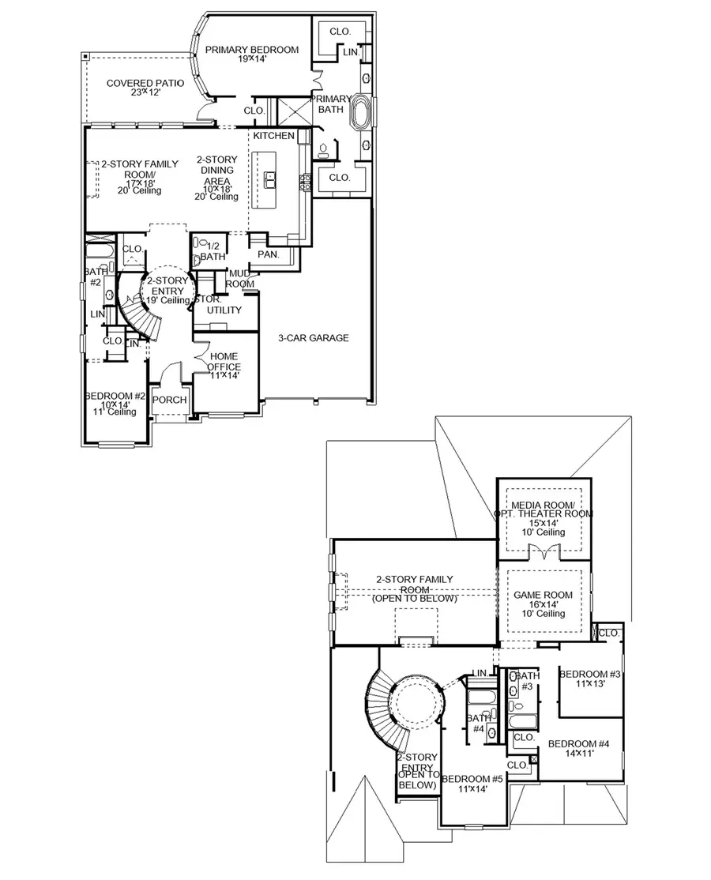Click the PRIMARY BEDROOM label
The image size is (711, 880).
pos(251,50)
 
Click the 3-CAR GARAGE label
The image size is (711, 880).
pos(313,338)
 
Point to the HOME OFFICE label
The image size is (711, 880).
pos(224,361)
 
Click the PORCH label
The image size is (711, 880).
pos(169,400)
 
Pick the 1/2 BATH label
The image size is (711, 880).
pos(212,250)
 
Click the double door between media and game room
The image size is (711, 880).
pos(541,555)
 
